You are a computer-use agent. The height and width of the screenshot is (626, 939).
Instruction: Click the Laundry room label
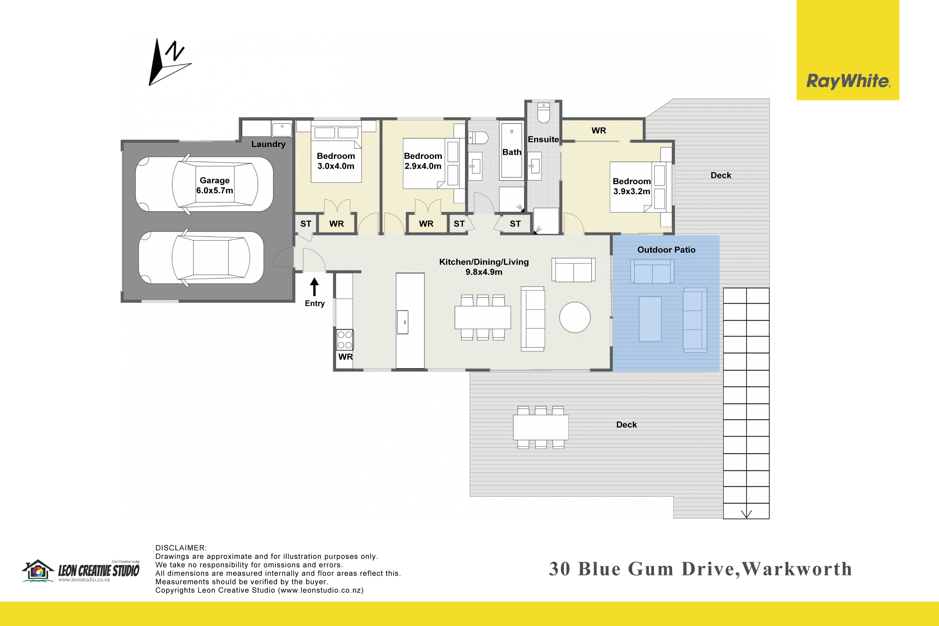[x=268, y=144]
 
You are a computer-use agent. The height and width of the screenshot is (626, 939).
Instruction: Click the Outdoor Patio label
[x=666, y=250]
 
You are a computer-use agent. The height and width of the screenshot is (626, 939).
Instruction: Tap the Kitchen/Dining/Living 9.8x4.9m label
[x=484, y=267]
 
